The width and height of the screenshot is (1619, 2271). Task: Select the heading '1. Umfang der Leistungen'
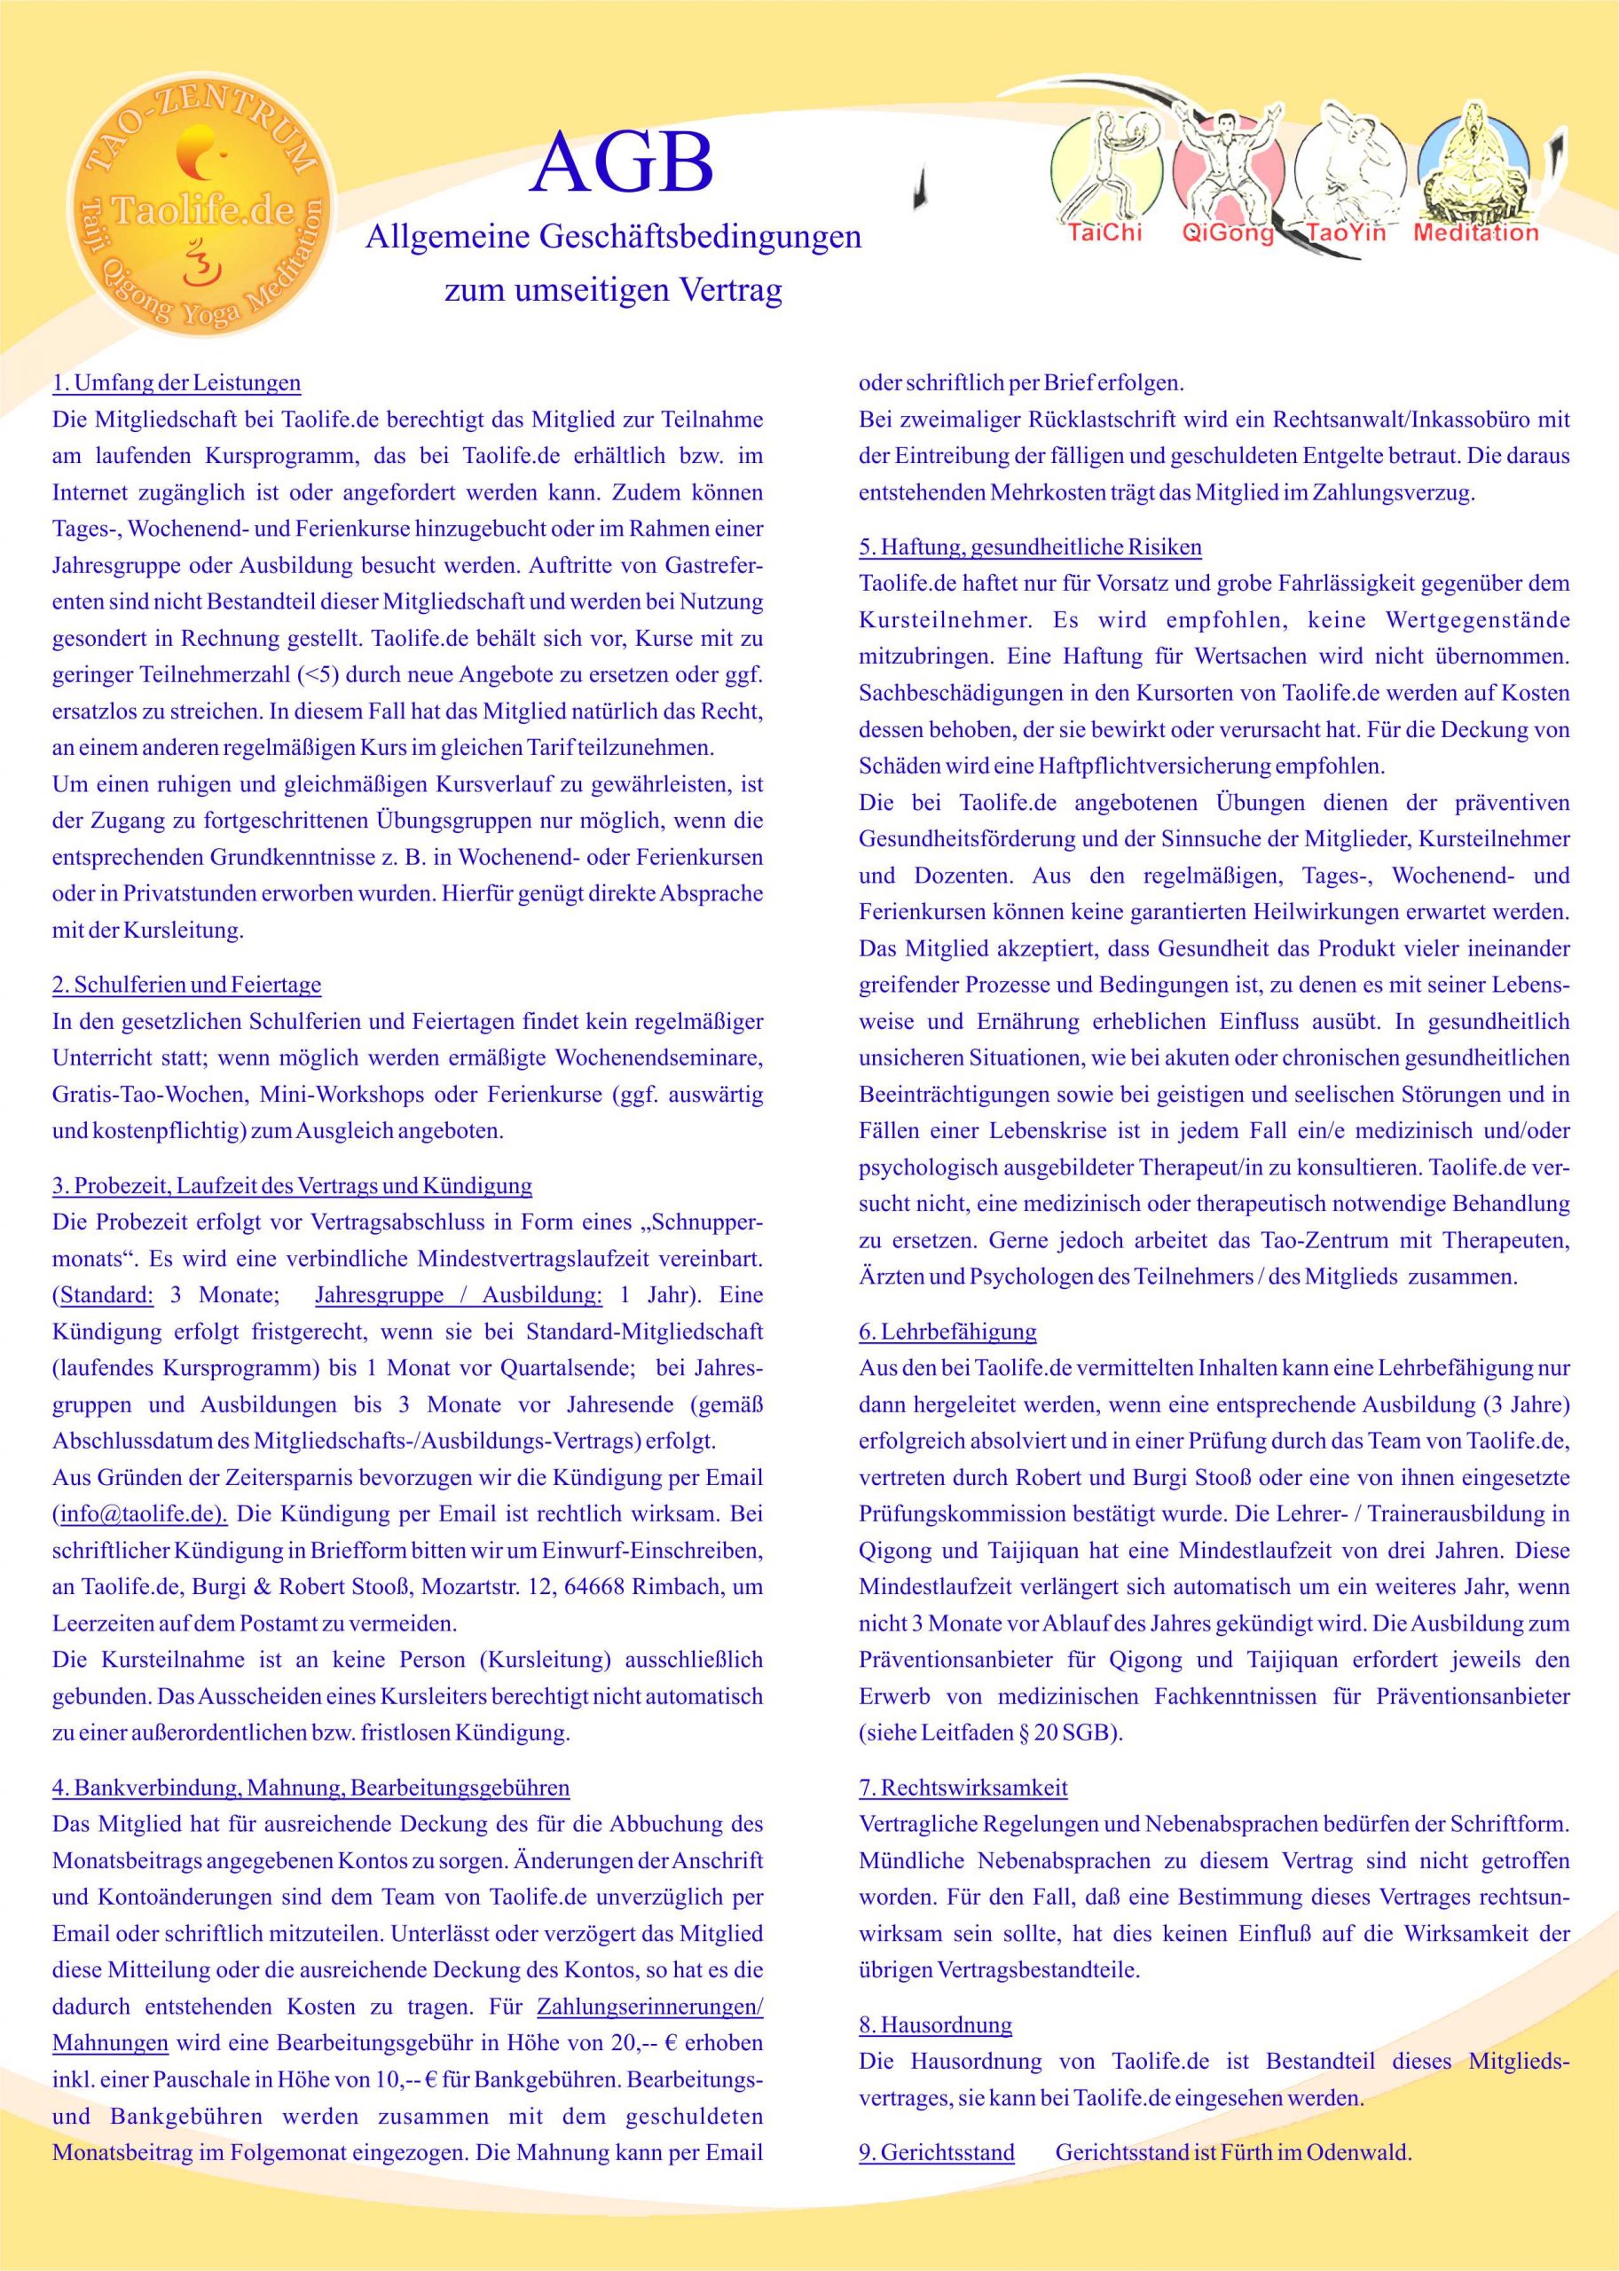pyautogui.click(x=177, y=383)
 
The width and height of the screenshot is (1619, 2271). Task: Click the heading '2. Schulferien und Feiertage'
pyautogui.click(x=186, y=985)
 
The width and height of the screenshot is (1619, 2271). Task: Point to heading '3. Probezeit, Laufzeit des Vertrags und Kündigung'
pyautogui.click(x=292, y=1185)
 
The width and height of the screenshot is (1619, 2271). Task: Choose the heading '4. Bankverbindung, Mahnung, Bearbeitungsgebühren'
pyautogui.click(x=311, y=1788)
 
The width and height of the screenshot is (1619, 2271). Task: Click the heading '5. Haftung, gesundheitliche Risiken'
pyautogui.click(x=1030, y=546)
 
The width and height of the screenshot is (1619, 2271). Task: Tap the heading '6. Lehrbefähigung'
pyautogui.click(x=947, y=1331)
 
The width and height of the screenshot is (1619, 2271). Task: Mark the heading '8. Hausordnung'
pyautogui.click(x=935, y=2024)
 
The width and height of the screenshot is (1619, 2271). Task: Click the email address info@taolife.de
pyautogui.click(x=140, y=1513)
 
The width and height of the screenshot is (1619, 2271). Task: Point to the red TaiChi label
pyautogui.click(x=1104, y=235)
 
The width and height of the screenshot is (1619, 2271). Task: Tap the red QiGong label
pyautogui.click(x=1227, y=235)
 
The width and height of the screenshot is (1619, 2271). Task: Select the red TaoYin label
pyautogui.click(x=1346, y=235)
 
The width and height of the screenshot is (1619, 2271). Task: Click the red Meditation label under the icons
pyautogui.click(x=1475, y=235)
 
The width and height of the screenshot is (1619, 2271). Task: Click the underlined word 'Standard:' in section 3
pyautogui.click(x=107, y=1295)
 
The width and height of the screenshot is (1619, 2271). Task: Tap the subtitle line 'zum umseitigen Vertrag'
pyautogui.click(x=612, y=291)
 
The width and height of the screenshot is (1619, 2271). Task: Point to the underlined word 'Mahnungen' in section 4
pyautogui.click(x=111, y=2043)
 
